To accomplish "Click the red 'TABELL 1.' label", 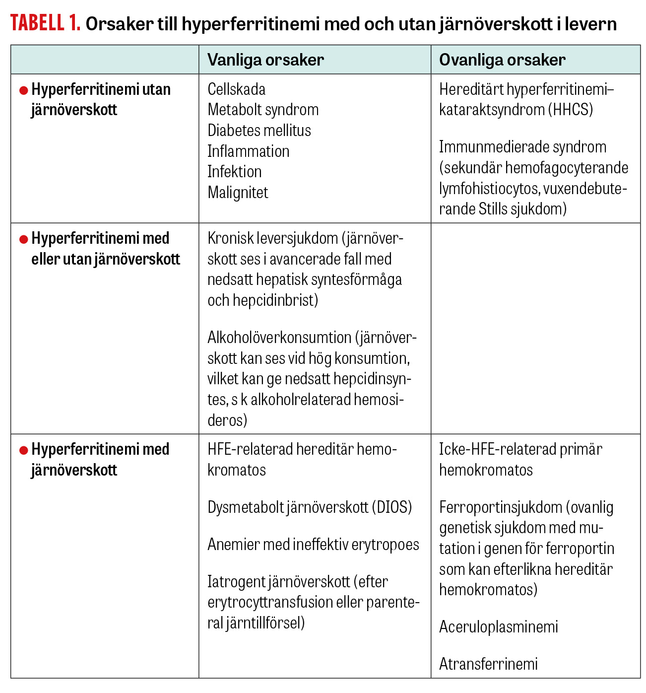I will pyautogui.click(x=45, y=23).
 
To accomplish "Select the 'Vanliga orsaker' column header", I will pyautogui.click(x=265, y=60).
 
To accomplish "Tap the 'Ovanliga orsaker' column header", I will pyautogui.click(x=502, y=60).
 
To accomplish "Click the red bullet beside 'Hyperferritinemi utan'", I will pyautogui.click(x=23, y=90).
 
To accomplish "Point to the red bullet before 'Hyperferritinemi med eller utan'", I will pyautogui.click(x=23, y=239).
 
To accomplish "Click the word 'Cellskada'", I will pyautogui.click(x=236, y=89).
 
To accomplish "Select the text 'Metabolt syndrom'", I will pyautogui.click(x=263, y=110).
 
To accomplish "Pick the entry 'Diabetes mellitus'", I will pyautogui.click(x=259, y=131).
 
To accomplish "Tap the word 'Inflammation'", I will pyautogui.click(x=248, y=151).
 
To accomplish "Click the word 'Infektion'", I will pyautogui.click(x=234, y=172).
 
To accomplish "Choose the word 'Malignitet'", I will pyautogui.click(x=238, y=193).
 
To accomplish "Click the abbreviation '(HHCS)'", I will pyautogui.click(x=571, y=110).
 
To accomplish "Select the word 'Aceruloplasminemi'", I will pyautogui.click(x=498, y=627).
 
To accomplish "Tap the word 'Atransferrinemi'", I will pyautogui.click(x=488, y=664).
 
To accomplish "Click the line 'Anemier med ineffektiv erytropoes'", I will pyautogui.click(x=313, y=545).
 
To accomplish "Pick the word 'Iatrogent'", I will pyautogui.click(x=236, y=582).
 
